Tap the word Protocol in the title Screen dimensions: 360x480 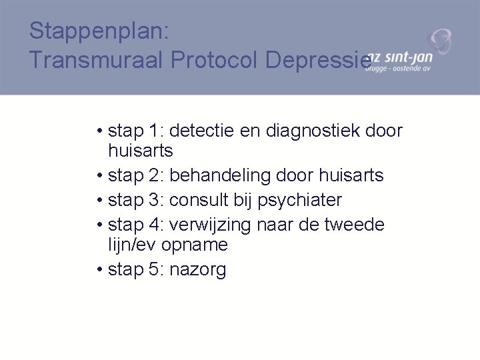[x=215, y=60]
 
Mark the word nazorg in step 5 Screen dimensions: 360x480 [x=198, y=269]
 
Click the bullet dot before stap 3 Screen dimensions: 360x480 [x=99, y=201]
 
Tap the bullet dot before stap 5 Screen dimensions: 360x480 [x=99, y=270]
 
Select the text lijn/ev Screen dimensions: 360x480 [x=132, y=245]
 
